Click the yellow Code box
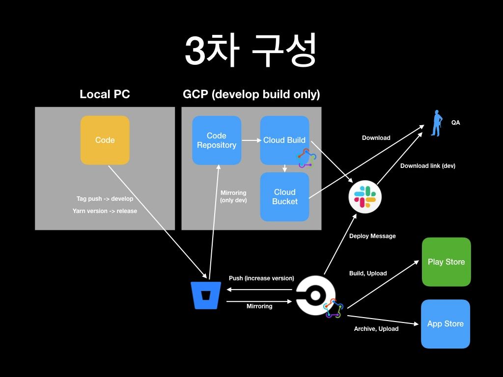point(105,140)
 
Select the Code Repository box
point(216,140)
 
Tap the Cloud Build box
point(284,140)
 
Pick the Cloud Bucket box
point(284,196)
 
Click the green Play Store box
point(446,262)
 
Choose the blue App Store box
point(445,323)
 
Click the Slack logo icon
point(365,196)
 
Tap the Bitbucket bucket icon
point(206,295)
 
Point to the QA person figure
point(436,123)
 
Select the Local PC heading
point(105,94)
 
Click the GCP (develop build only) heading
point(251,94)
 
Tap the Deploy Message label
point(372,236)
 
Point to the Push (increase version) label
point(261,278)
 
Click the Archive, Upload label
point(376,329)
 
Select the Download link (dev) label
point(427,166)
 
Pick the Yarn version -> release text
point(105,211)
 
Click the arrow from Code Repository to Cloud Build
point(251,140)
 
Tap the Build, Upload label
point(368,273)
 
